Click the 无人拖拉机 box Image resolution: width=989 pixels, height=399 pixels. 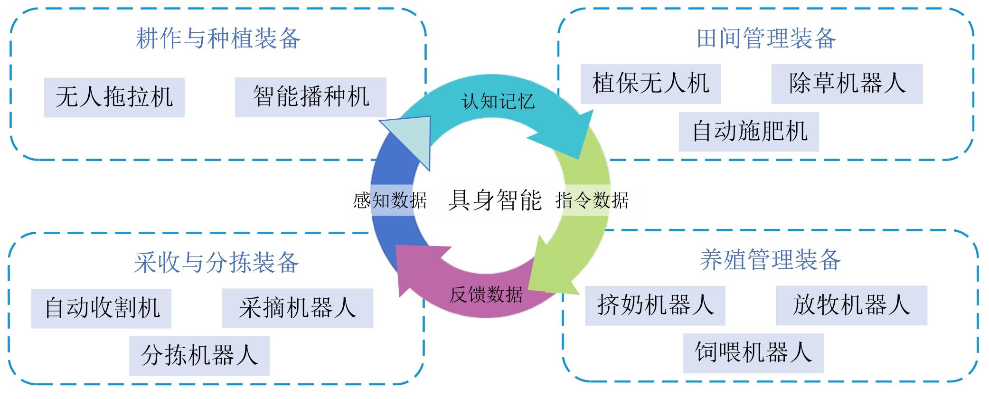click(x=114, y=97)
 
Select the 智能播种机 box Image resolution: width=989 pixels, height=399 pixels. click(x=311, y=97)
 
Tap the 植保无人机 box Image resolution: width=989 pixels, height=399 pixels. click(x=650, y=84)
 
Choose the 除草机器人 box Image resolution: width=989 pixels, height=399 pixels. click(x=847, y=84)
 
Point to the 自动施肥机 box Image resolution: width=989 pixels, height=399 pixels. click(x=749, y=132)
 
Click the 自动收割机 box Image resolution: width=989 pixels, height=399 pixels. click(x=101, y=308)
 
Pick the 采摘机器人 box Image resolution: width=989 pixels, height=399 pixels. click(x=297, y=308)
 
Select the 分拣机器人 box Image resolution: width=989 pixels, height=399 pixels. click(x=199, y=356)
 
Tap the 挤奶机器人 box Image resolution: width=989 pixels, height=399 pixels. click(x=655, y=305)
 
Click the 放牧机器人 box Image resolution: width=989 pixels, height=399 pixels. click(x=851, y=305)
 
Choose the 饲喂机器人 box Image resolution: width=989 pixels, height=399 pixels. click(x=753, y=353)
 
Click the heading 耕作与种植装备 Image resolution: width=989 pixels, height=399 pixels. click(x=218, y=38)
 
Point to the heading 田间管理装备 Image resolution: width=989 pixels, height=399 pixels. click(x=766, y=38)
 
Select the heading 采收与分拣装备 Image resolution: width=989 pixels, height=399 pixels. click(x=216, y=263)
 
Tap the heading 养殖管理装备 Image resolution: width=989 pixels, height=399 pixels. click(x=770, y=260)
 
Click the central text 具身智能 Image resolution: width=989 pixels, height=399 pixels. click(x=495, y=200)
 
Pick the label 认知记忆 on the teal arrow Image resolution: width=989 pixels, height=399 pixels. click(x=498, y=101)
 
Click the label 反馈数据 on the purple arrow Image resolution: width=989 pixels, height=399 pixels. click(x=486, y=295)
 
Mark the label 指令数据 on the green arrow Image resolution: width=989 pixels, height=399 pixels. click(x=592, y=200)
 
